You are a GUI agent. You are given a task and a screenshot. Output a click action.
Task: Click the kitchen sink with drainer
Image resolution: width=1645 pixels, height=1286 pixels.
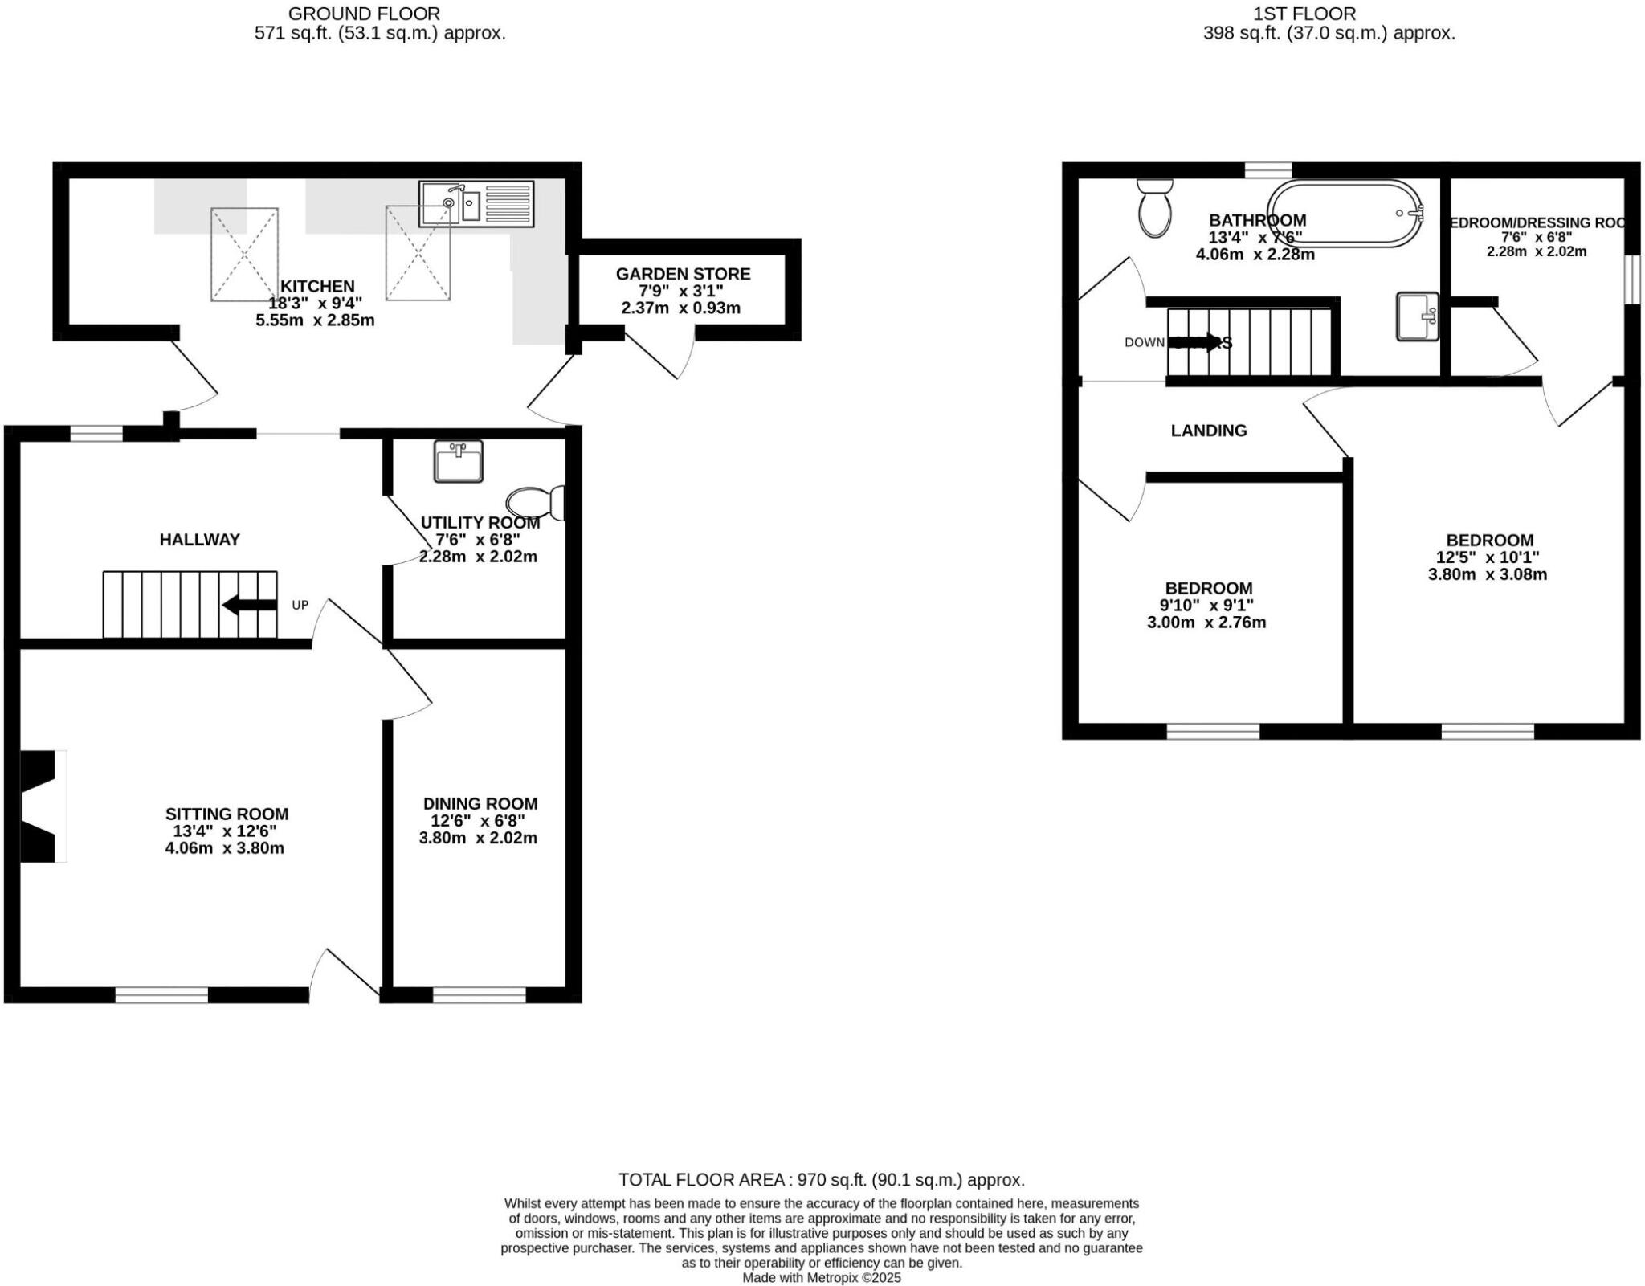[x=476, y=203]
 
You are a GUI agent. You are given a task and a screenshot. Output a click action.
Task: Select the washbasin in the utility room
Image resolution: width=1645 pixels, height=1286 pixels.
[x=458, y=461]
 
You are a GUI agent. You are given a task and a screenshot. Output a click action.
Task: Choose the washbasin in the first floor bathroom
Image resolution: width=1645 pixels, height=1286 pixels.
[x=1417, y=316]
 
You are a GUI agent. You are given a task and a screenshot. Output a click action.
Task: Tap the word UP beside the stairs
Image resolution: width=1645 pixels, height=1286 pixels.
[x=300, y=605]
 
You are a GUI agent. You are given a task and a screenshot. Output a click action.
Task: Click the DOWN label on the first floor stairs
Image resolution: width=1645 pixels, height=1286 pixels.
[x=1144, y=343]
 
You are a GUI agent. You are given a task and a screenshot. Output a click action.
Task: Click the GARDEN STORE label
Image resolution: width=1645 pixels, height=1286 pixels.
[x=683, y=274]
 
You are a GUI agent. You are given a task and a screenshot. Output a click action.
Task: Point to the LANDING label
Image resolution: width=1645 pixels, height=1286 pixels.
[x=1208, y=431]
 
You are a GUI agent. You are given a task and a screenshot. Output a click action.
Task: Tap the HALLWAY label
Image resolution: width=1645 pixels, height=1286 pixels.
[x=199, y=540]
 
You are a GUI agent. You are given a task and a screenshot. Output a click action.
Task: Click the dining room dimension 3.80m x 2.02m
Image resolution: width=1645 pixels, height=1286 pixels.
[x=478, y=838]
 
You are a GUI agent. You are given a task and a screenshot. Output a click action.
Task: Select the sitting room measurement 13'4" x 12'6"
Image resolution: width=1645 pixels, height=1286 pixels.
[x=225, y=831]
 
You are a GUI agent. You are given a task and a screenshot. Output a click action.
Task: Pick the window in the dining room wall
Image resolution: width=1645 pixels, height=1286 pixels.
[x=480, y=995]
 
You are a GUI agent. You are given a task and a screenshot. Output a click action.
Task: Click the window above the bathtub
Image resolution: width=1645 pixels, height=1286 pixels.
[x=1268, y=169]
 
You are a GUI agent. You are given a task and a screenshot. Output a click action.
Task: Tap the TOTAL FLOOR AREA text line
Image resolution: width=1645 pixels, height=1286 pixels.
[x=821, y=1180]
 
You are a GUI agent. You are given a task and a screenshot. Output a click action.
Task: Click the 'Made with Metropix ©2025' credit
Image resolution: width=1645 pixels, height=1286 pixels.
[x=821, y=1277]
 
